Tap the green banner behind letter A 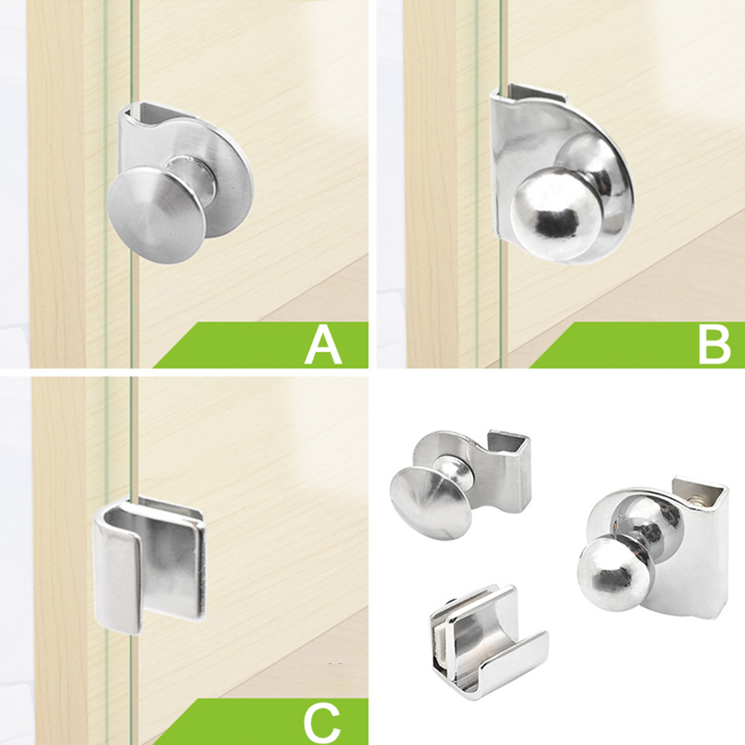pyautogui.click(x=261, y=345)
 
